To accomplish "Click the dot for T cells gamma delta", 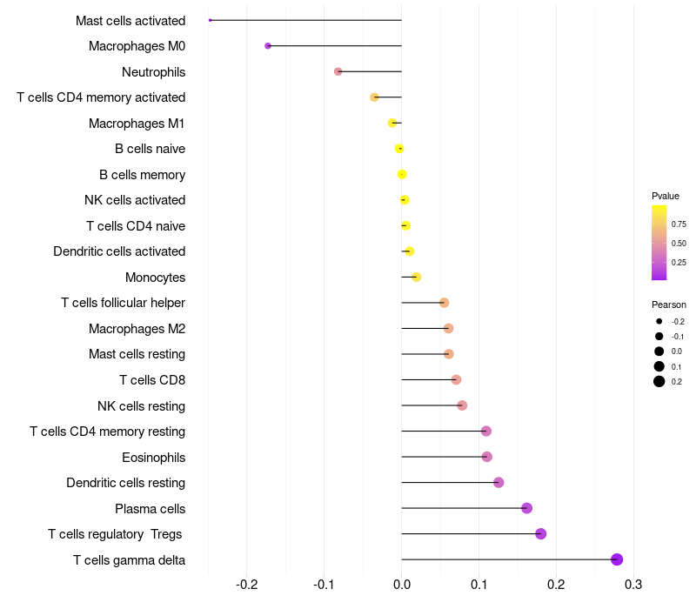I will (617, 559).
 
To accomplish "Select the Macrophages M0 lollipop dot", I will (268, 45).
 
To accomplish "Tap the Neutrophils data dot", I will (338, 71).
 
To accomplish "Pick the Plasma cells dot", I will (526, 508).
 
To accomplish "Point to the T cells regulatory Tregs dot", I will (540, 533).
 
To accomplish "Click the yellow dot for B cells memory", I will (402, 174).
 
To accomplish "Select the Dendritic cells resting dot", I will (499, 482).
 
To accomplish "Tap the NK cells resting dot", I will (462, 405).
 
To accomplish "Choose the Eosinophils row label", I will (153, 457).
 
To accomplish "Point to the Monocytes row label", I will (155, 278).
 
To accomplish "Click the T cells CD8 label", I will (152, 380).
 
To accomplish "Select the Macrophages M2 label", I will (137, 329).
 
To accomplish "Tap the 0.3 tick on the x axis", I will (633, 583).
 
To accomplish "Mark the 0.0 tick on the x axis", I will (402, 583).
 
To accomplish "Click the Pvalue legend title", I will (666, 196).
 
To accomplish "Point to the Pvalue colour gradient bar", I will (659, 243).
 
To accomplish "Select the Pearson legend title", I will (669, 304).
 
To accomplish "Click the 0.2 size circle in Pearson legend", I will (659, 381).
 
